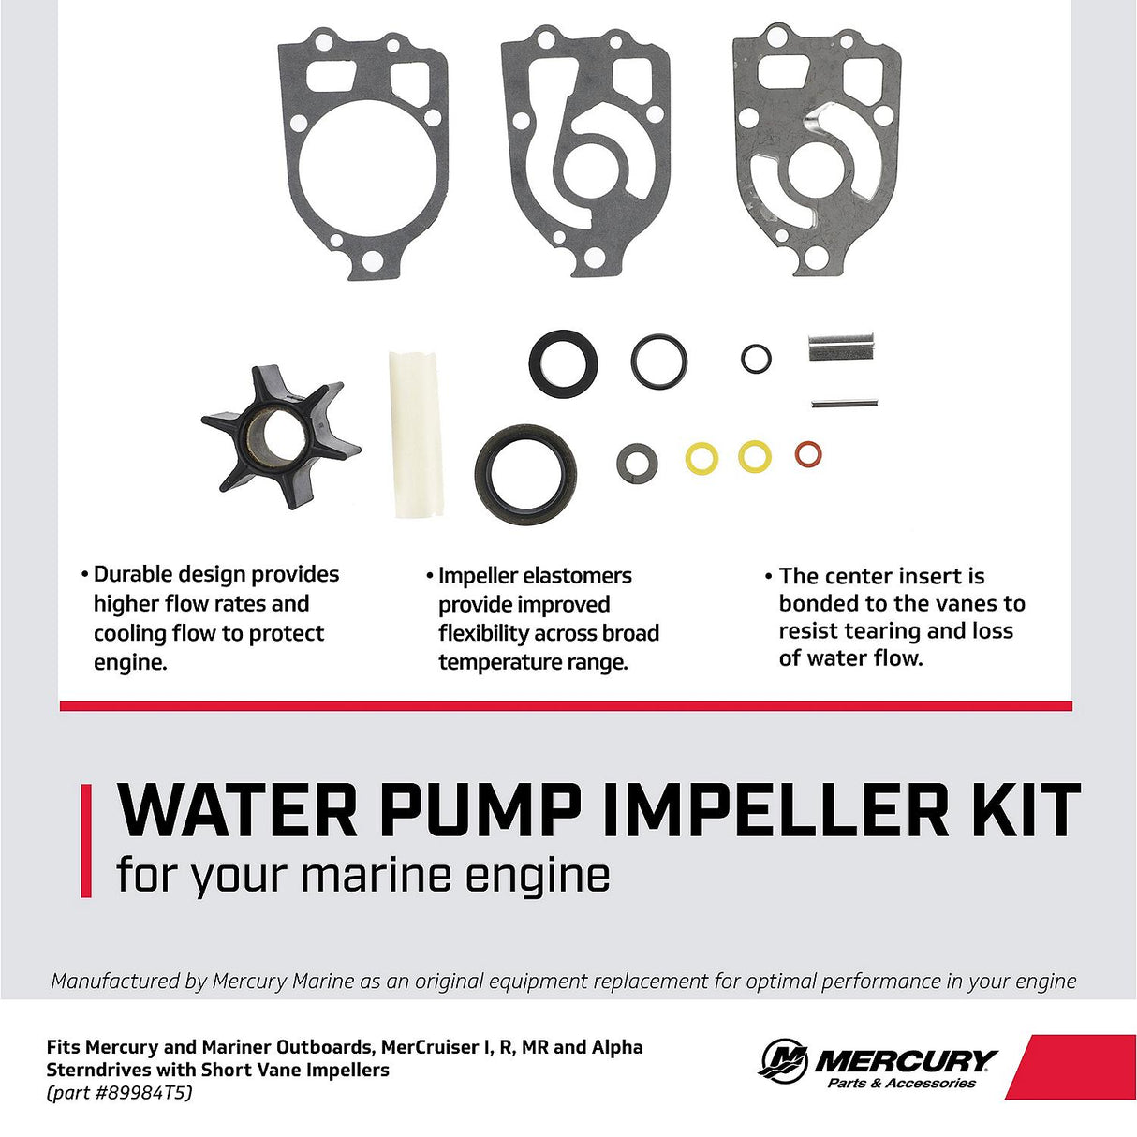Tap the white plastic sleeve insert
(x=416, y=434)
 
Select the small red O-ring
(x=807, y=454)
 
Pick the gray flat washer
(x=637, y=463)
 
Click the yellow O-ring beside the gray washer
(x=701, y=458)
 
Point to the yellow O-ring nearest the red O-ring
(x=754, y=456)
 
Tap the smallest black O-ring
(x=756, y=358)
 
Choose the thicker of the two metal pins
(x=842, y=347)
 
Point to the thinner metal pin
(x=843, y=404)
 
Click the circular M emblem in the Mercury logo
(x=783, y=1061)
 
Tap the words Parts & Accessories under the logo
(x=901, y=1084)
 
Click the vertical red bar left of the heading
(x=86, y=841)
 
